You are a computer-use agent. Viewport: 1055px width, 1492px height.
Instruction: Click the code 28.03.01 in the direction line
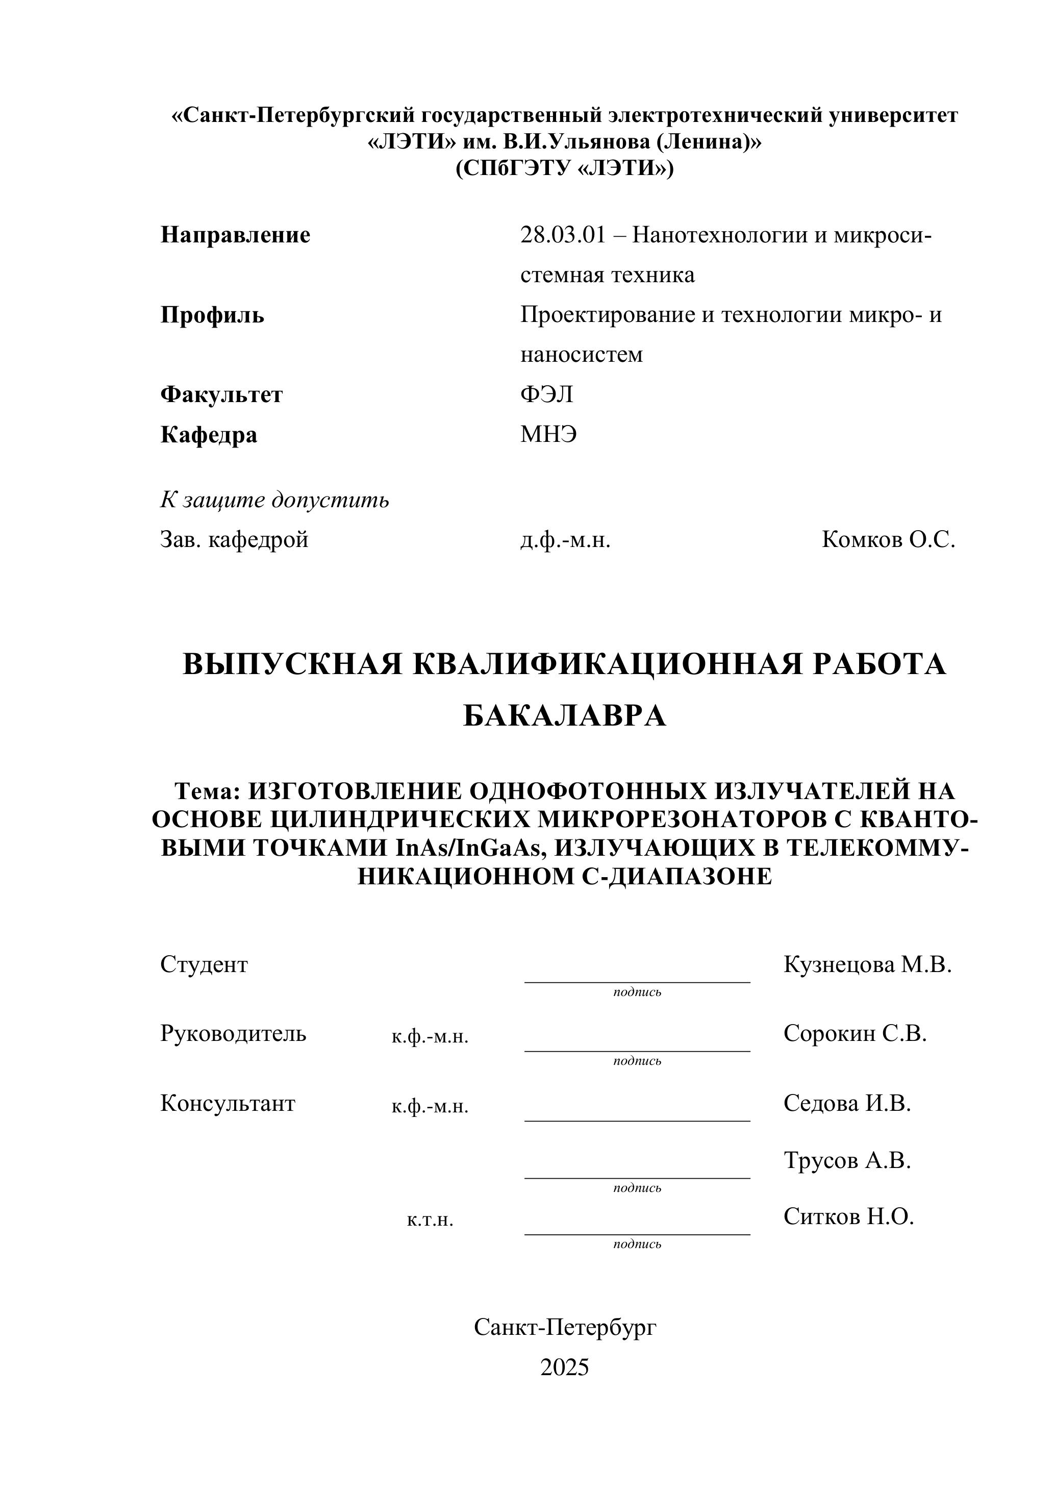[x=563, y=235]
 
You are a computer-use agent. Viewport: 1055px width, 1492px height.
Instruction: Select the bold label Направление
[x=235, y=235]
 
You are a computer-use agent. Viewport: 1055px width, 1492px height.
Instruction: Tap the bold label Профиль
[x=212, y=315]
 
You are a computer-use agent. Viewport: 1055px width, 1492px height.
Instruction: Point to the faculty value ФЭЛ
[x=546, y=394]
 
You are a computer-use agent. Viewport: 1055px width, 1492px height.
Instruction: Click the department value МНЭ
[x=548, y=434]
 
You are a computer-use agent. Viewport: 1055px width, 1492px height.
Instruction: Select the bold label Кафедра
[x=209, y=434]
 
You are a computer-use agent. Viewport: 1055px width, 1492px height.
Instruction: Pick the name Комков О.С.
[x=888, y=539]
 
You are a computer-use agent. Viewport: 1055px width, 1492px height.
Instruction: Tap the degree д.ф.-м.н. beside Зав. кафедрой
[x=565, y=539]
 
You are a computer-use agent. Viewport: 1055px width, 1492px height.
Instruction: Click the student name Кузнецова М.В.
[x=867, y=964]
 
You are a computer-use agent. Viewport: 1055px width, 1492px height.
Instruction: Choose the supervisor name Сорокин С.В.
[x=855, y=1033]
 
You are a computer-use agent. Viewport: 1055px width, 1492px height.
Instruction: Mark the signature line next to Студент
[x=637, y=981]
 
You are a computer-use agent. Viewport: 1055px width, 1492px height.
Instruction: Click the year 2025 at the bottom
[x=565, y=1367]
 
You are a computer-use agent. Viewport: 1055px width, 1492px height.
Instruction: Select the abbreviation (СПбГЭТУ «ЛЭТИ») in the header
[x=565, y=168]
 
